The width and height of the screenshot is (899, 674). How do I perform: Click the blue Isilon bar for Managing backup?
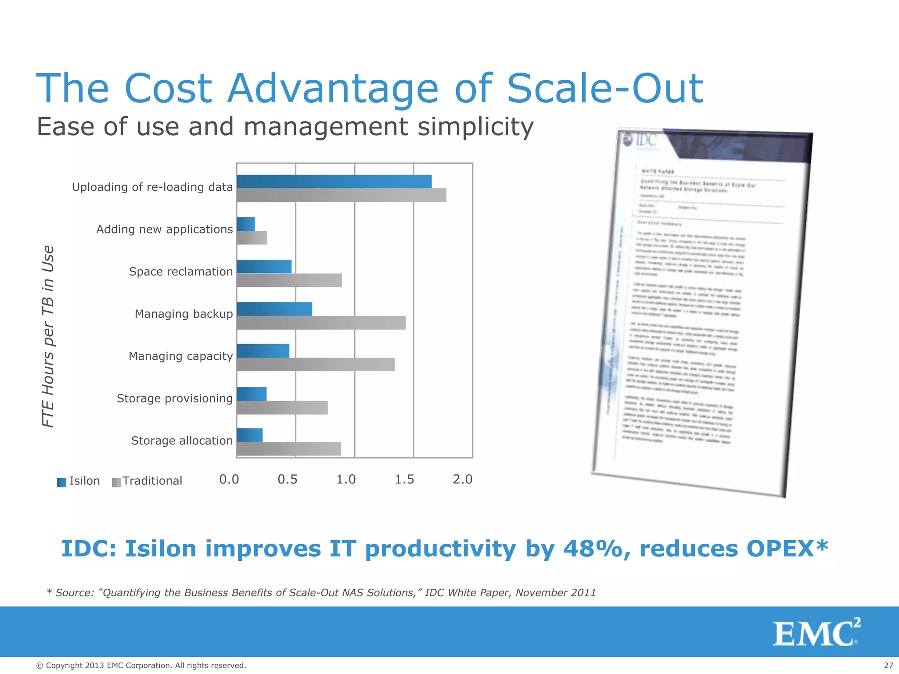(274, 309)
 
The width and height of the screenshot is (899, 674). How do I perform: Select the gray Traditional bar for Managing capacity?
(315, 365)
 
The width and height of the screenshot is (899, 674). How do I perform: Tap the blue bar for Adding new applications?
(245, 224)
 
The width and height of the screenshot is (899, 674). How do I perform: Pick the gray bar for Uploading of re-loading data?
(341, 195)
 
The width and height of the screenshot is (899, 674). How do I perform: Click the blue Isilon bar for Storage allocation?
(249, 435)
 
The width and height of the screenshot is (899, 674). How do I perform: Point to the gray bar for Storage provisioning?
(282, 408)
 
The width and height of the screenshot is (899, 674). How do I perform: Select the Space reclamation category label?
(180, 272)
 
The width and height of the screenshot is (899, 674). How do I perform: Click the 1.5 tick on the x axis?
(404, 480)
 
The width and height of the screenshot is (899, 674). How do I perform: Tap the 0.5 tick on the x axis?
(287, 480)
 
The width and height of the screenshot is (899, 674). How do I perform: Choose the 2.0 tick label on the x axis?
(462, 480)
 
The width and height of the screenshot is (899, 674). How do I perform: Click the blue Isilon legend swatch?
(61, 483)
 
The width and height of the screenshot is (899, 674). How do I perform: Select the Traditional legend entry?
(151, 481)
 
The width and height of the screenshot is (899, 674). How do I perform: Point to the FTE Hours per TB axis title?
(48, 336)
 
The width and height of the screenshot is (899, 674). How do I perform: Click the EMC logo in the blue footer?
(816, 632)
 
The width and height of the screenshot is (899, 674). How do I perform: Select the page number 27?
(888, 666)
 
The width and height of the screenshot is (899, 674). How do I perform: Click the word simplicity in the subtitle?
(475, 127)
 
